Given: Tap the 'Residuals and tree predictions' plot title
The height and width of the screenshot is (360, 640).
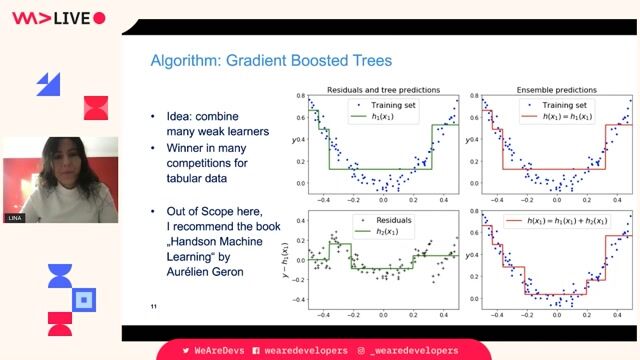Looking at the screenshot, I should point(382,89).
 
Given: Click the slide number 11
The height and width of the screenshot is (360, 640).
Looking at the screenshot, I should point(153,306).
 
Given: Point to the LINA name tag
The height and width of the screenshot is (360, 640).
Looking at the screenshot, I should point(14,215).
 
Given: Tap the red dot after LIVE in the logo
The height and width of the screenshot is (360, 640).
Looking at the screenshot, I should point(98,18).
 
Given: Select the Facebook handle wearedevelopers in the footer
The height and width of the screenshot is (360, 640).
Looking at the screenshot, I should point(299,350).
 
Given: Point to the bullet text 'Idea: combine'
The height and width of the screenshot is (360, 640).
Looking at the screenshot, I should point(206,116).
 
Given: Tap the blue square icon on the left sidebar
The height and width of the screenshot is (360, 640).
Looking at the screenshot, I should point(85,298).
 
